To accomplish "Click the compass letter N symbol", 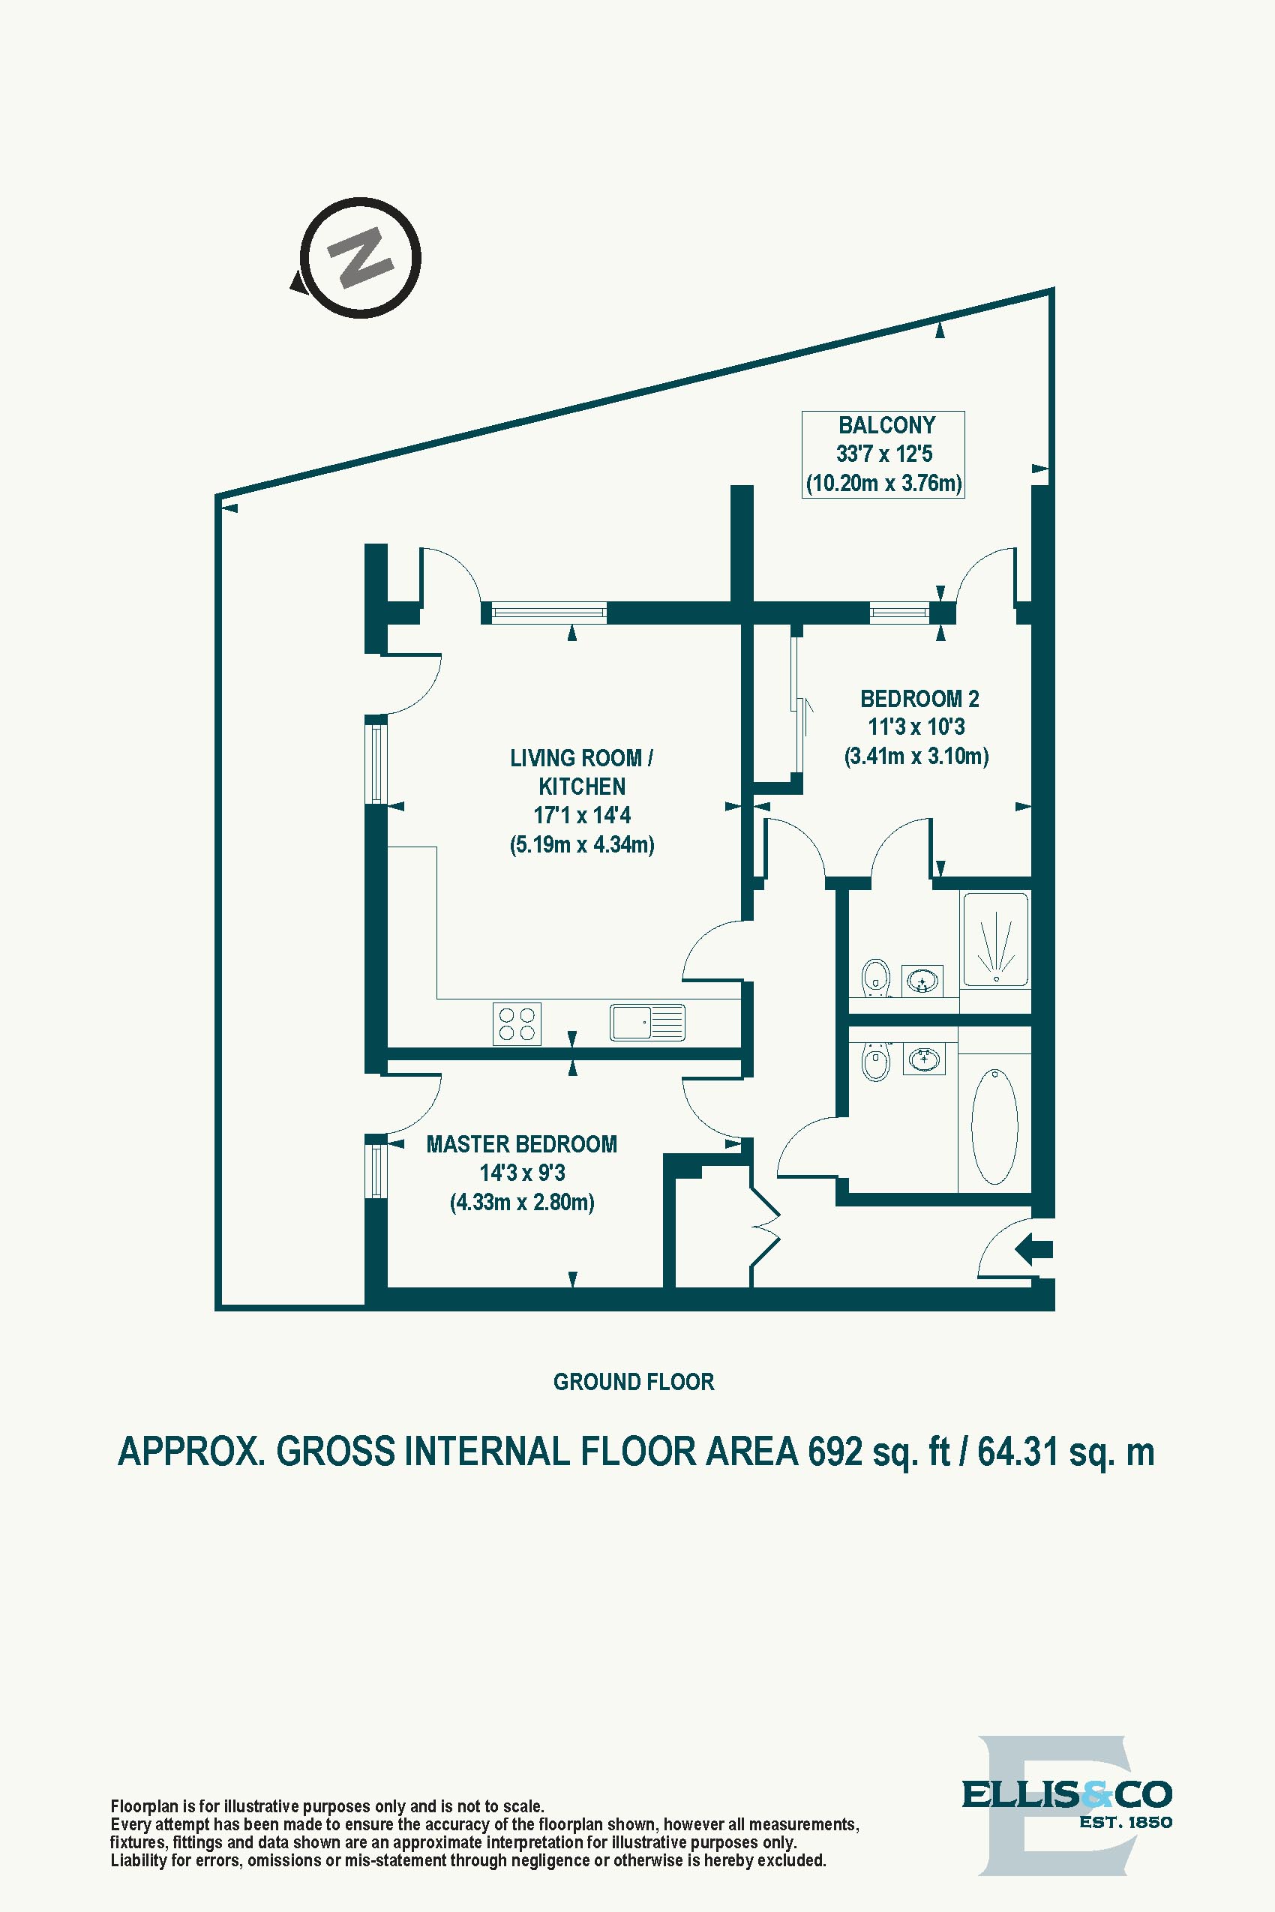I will [x=360, y=259].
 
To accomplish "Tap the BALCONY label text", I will [x=886, y=425].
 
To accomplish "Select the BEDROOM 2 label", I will [x=919, y=698].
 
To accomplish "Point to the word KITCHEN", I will [x=581, y=786].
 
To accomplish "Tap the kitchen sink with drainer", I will [x=647, y=1022].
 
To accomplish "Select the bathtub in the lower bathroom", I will [x=994, y=1126].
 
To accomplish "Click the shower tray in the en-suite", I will [x=995, y=939].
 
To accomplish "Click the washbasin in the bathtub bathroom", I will [x=924, y=1060].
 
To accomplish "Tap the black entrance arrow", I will [x=1033, y=1248].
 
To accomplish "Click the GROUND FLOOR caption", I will [x=634, y=1381].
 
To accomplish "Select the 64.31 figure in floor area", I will [x=1017, y=1452].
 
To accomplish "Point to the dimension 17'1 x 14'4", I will [x=581, y=814].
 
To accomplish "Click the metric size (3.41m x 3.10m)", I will [x=916, y=756].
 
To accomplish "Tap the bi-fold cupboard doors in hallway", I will [x=764, y=1227].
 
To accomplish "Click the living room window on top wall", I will [x=549, y=611].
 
